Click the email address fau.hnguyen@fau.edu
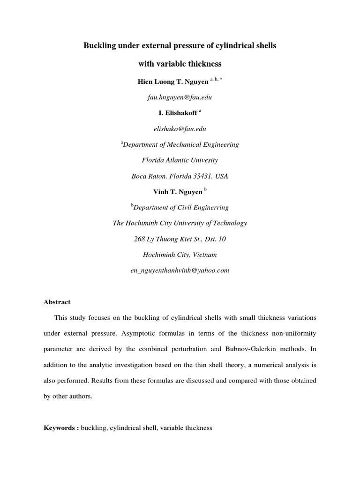pyautogui.click(x=180, y=97)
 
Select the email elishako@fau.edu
pyautogui.click(x=180, y=128)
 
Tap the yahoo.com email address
pyautogui.click(x=180, y=271)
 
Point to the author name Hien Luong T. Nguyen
pyautogui.click(x=172, y=81)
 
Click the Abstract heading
pyautogui.click(x=57, y=302)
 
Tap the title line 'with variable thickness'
pyautogui.click(x=180, y=63)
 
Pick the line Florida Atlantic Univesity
pyautogui.click(x=180, y=160)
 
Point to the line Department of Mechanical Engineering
pyautogui.click(x=181, y=144)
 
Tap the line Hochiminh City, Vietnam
pyautogui.click(x=180, y=255)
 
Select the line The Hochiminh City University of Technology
pyautogui.click(x=180, y=224)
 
